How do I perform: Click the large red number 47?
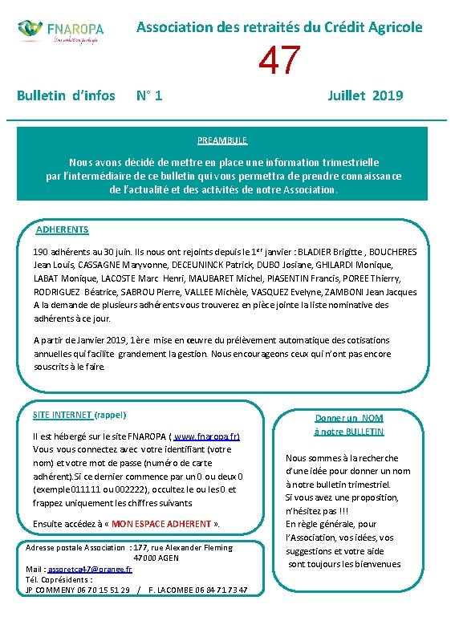[x=280, y=61]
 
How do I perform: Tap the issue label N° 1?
[x=149, y=96]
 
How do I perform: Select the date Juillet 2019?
[x=366, y=96]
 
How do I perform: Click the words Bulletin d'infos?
[x=66, y=96]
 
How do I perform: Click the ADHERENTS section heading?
[x=63, y=229]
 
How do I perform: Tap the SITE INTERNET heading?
[x=63, y=415]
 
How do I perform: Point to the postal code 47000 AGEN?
[x=156, y=558]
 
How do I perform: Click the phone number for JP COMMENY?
[x=98, y=590]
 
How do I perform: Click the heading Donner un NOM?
[x=349, y=418]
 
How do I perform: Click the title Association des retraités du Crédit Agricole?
[x=279, y=26]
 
